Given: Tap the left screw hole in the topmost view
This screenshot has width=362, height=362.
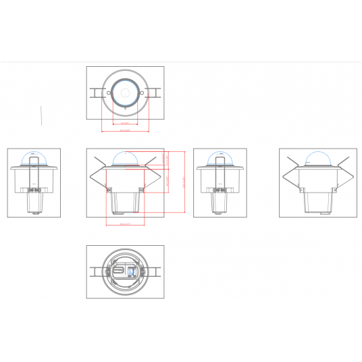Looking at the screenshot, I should [x=106, y=93].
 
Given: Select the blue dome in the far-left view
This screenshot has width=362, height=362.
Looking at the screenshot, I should [x=34, y=159].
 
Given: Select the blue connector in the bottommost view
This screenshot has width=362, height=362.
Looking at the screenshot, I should [x=132, y=272].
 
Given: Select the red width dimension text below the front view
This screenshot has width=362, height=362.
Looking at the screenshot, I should [x=125, y=224].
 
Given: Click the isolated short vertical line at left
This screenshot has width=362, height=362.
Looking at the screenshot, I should [x=42, y=115].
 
